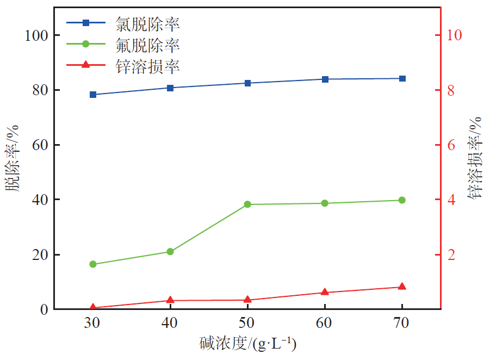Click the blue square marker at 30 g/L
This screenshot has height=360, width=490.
(93, 95)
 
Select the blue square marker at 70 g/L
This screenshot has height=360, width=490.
(402, 78)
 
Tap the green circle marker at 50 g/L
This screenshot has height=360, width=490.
(247, 204)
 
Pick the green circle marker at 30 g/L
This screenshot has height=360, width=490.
(93, 264)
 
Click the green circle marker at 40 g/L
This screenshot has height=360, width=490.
(170, 251)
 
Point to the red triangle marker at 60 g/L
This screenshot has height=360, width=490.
(325, 292)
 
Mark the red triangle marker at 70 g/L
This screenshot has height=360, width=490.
(402, 287)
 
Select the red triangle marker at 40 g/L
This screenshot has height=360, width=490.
(170, 300)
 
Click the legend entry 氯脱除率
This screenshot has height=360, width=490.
(147, 23)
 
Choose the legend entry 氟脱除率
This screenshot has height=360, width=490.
(147, 44)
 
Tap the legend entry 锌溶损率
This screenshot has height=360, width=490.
(147, 66)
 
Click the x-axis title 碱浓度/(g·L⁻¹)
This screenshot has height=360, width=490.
(247, 344)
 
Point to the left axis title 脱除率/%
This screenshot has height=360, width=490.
(13, 158)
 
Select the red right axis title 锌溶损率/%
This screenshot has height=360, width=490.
(476, 158)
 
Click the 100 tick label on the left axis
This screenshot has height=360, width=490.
(37, 35)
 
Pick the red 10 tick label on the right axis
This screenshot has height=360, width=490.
(454, 35)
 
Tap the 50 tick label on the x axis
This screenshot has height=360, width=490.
(247, 322)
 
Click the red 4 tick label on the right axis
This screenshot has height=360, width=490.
(450, 200)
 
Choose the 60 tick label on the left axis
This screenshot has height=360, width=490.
(41, 145)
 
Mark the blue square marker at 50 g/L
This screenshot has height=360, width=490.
(247, 83)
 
